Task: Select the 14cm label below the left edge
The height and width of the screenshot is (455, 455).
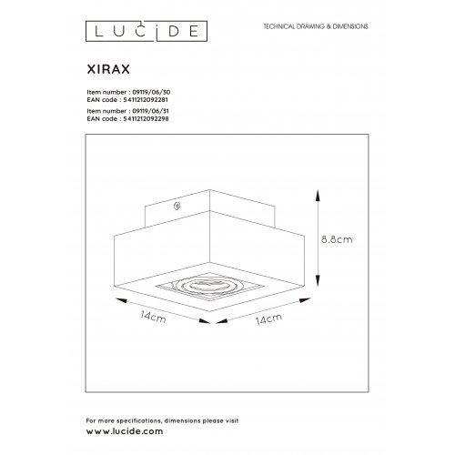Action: (153, 320)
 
